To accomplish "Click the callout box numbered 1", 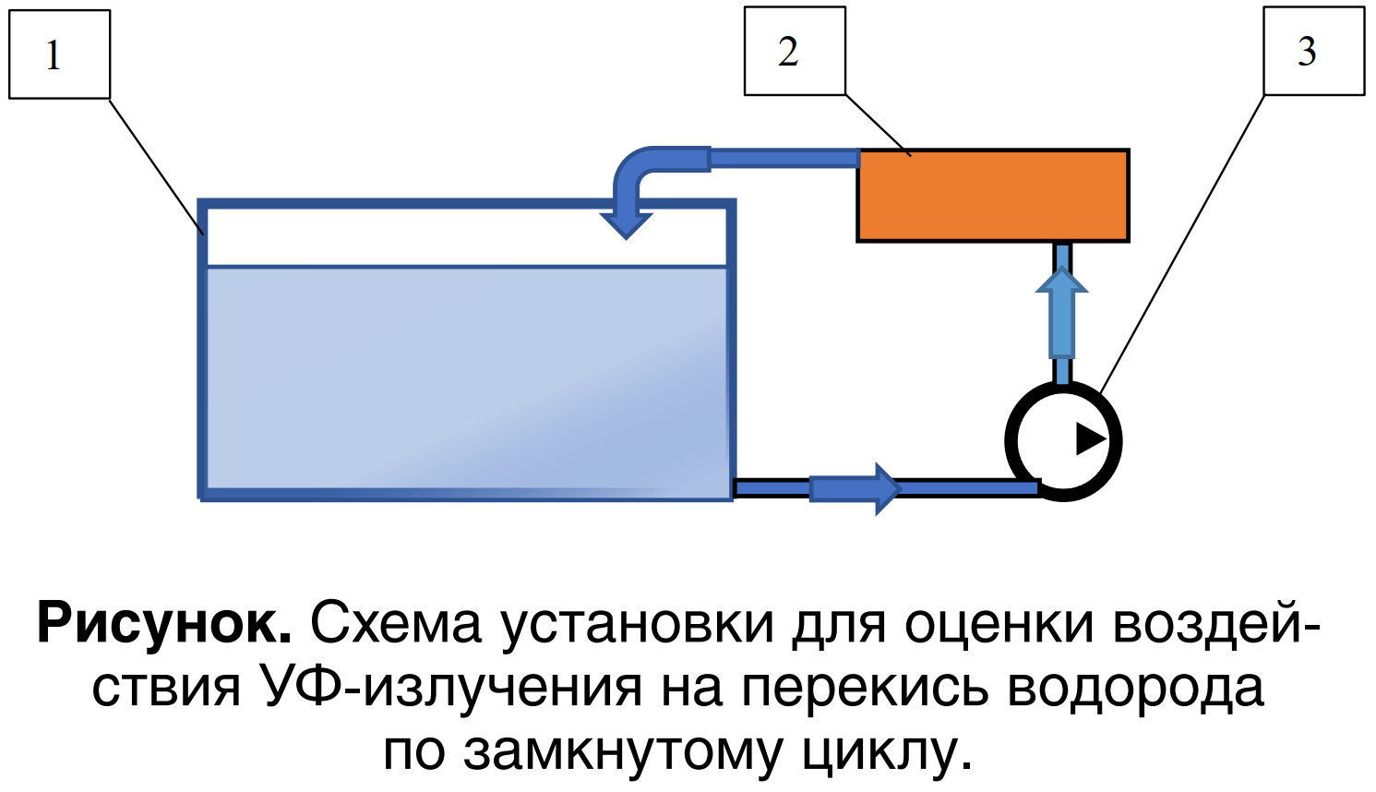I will tap(59, 54).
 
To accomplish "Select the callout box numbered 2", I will tap(795, 51).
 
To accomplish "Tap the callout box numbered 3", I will tap(1313, 51).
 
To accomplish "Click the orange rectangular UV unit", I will tap(992, 196).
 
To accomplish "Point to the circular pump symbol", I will tap(1063, 440).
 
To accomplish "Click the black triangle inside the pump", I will tap(1089, 438).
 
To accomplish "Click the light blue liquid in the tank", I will tap(466, 378).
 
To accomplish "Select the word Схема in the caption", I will tap(395, 624).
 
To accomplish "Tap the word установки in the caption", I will tap(638, 624).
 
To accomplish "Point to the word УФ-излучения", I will tap(451, 689).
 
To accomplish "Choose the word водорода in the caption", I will tap(1134, 689).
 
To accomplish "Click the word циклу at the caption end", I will tap(886, 751).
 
